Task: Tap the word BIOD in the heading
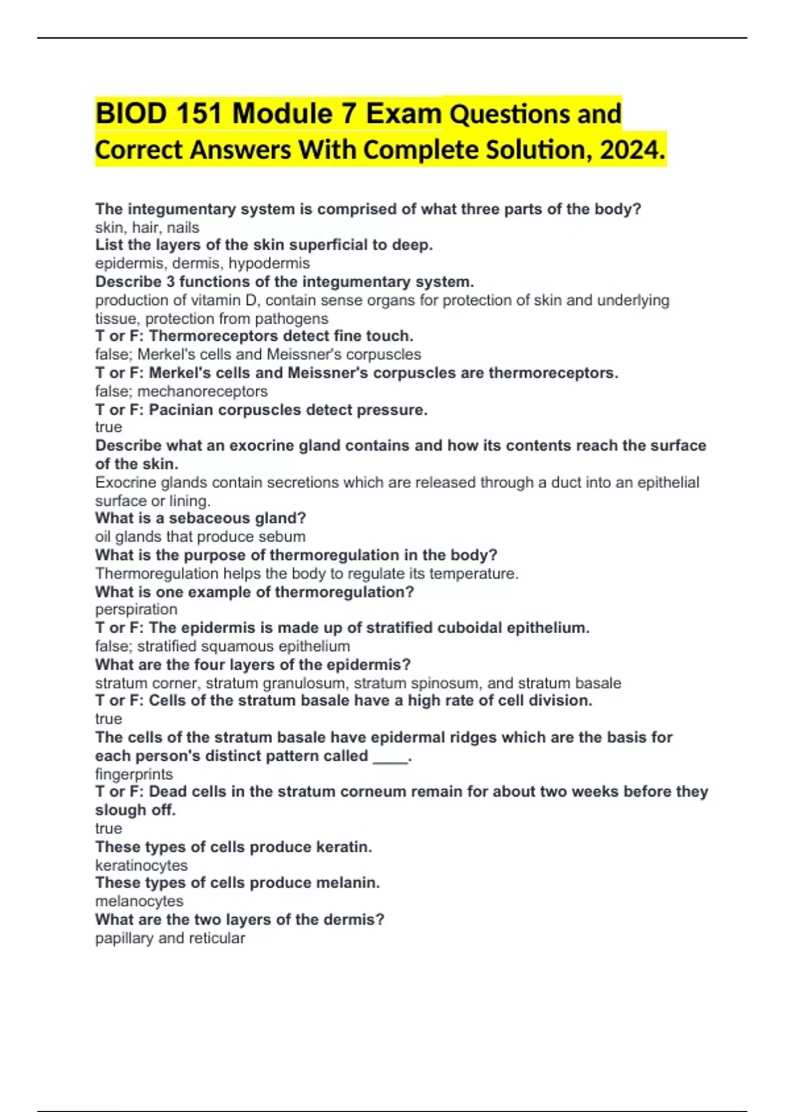point(131,114)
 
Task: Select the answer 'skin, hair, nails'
point(147,228)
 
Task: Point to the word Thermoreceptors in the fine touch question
point(213,336)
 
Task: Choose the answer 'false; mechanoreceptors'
point(181,391)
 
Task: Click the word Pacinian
point(181,410)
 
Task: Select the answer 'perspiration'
point(136,610)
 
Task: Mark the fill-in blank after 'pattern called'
point(390,757)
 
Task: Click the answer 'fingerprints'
point(134,774)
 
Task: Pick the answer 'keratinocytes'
point(141,865)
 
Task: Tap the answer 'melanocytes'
point(139,901)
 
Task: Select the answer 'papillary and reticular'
point(170,939)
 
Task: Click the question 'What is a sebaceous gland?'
point(200,519)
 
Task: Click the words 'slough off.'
point(135,810)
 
